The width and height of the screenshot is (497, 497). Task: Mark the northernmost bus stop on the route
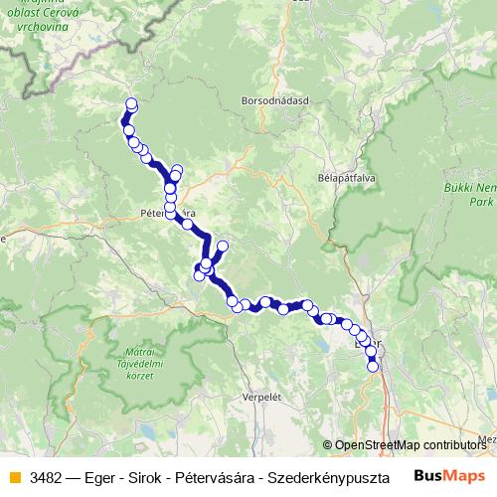click(131, 104)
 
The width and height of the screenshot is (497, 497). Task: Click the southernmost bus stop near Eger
click(374, 366)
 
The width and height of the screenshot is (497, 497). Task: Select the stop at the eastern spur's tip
click(223, 245)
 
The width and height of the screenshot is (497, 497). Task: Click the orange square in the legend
click(14, 477)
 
